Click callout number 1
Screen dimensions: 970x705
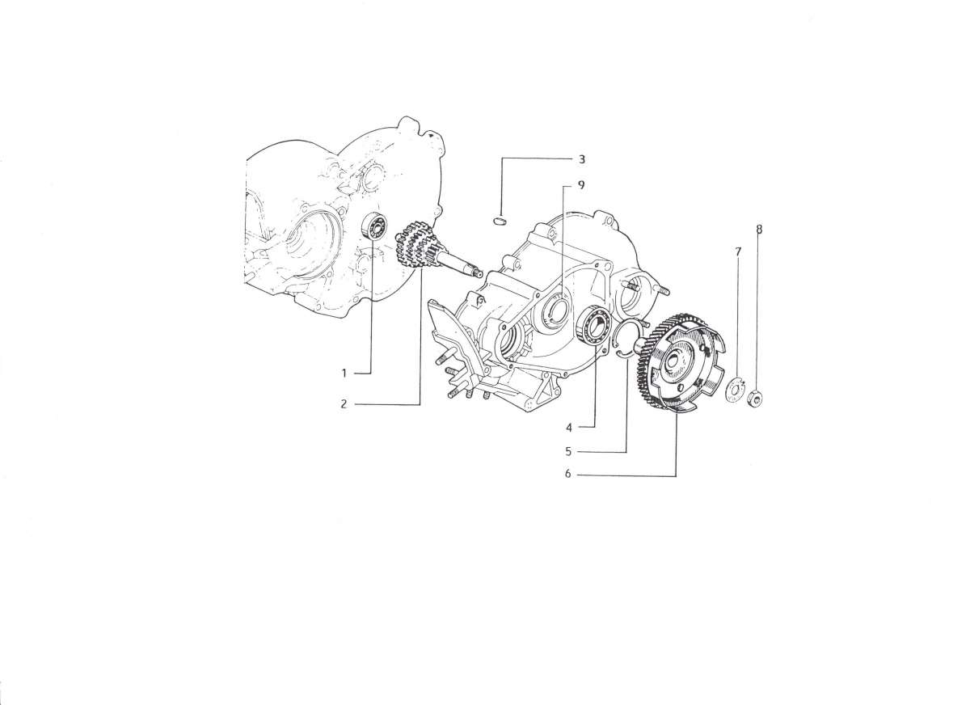coord(344,373)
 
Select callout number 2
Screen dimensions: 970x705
coord(344,404)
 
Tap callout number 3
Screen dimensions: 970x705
coord(581,159)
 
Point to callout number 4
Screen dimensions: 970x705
coord(569,428)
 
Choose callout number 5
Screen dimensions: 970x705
coord(568,452)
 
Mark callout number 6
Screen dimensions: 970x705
coord(568,475)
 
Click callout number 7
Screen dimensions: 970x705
coord(738,251)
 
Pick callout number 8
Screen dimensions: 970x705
coord(759,229)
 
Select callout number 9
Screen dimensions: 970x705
coord(581,185)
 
